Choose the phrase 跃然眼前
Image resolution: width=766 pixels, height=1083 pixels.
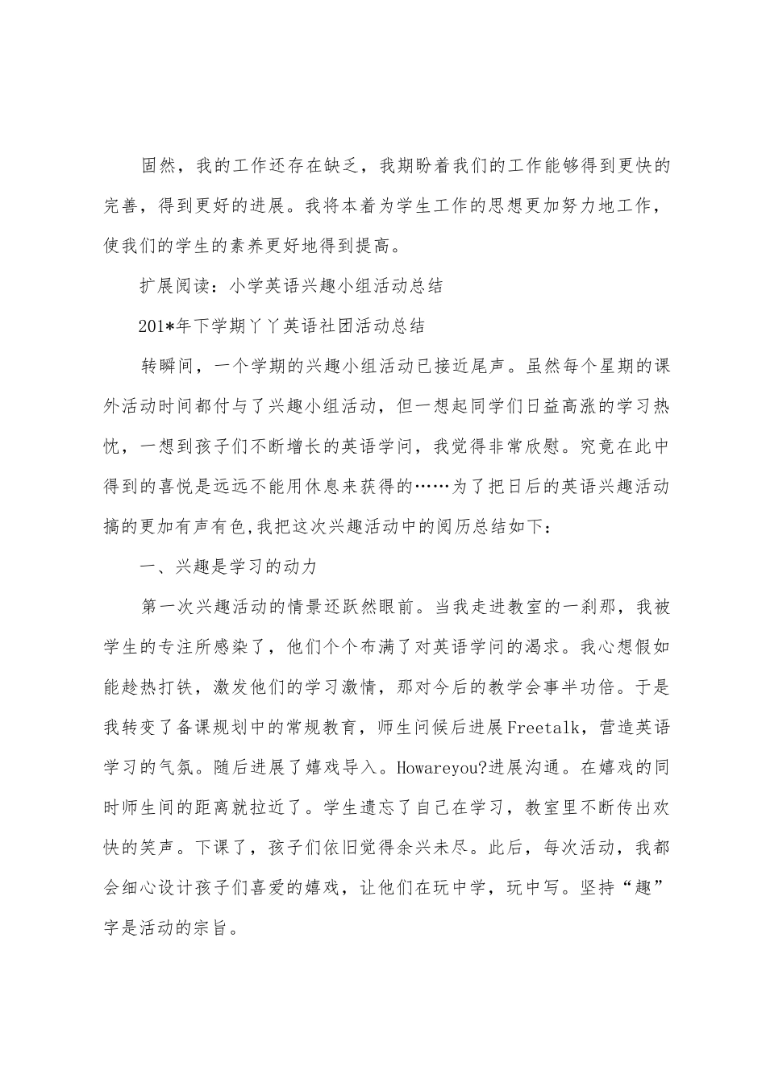pyautogui.click(x=381, y=608)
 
